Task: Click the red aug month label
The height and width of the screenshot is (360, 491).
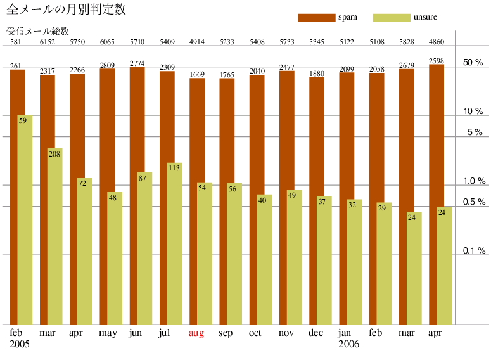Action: (196, 333)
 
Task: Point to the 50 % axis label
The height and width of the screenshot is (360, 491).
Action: (473, 63)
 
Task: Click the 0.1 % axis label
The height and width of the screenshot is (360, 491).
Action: (473, 251)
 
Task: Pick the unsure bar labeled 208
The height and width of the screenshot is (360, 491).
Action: (54, 235)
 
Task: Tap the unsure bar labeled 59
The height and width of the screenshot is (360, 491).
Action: (25, 219)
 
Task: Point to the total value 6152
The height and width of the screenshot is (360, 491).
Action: (48, 42)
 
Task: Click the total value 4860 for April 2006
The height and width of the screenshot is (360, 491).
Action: (437, 42)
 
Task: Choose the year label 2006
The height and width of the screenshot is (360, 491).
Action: (348, 345)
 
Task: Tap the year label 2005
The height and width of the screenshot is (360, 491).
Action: (20, 345)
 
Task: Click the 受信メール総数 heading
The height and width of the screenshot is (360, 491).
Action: (37, 31)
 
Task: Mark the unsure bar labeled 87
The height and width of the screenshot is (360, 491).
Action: (144, 247)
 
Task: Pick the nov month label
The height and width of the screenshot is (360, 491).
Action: (286, 333)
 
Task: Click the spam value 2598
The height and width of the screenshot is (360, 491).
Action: (437, 61)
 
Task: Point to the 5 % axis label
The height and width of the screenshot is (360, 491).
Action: (475, 132)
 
